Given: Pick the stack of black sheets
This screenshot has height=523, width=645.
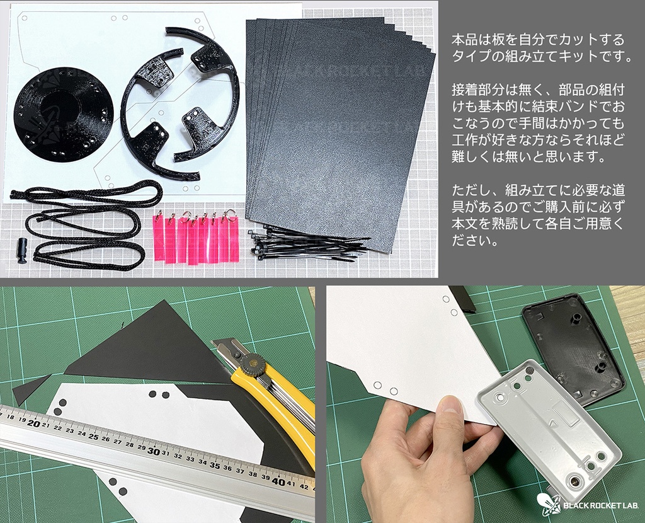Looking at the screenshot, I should pos(340,126).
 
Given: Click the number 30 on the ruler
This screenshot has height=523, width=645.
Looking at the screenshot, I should pos(153,451).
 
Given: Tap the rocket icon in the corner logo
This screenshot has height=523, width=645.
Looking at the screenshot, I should pos(546,504).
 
